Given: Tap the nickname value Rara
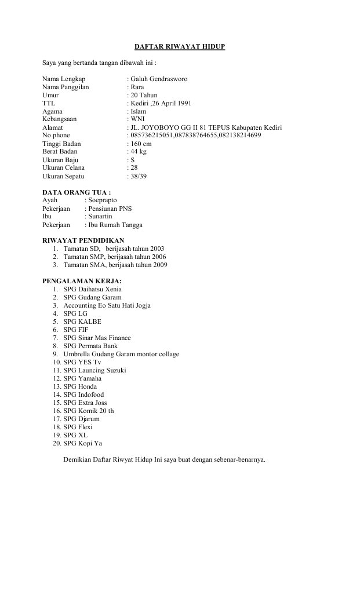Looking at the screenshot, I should click(137, 86).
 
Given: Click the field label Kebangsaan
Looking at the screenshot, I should click(60, 119).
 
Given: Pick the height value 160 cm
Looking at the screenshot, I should click(141, 143).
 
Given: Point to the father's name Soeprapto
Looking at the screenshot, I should click(103, 200).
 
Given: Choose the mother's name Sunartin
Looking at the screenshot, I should click(100, 216).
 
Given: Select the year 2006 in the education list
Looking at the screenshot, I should click(158, 256).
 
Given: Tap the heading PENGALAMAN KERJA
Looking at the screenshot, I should click(82, 281).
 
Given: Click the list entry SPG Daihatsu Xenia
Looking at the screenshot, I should click(93, 289).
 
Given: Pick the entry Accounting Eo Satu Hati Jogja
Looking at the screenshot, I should click(108, 305).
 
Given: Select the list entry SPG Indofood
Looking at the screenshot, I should click(83, 394).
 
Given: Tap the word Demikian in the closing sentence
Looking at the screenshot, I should click(77, 460).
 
